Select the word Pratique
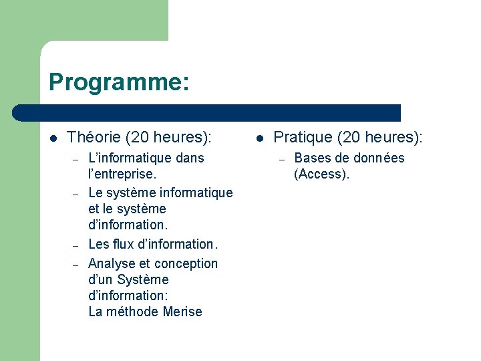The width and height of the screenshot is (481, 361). tap(303, 138)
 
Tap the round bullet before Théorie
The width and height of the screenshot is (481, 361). tap(53, 138)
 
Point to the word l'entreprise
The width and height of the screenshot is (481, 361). tap(122, 174)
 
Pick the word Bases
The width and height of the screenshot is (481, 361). tap(313, 158)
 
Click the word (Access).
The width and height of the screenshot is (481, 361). tap(321, 174)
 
